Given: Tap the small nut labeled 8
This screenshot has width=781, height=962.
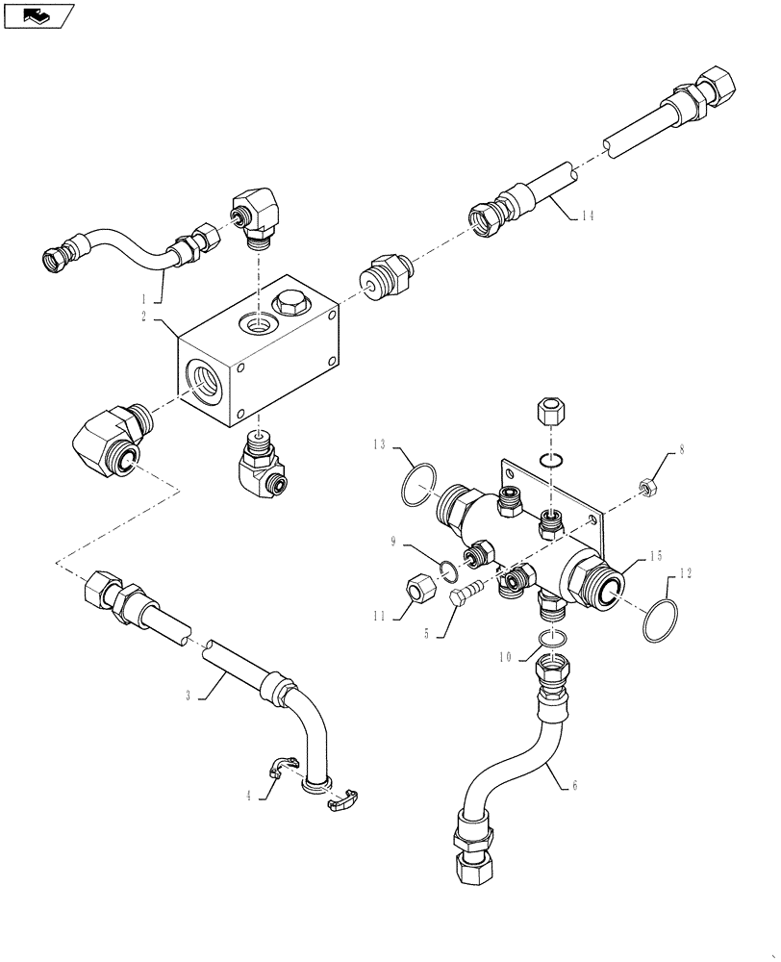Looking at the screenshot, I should coord(647,486).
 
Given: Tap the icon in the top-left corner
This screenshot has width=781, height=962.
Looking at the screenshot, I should coord(38,14).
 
